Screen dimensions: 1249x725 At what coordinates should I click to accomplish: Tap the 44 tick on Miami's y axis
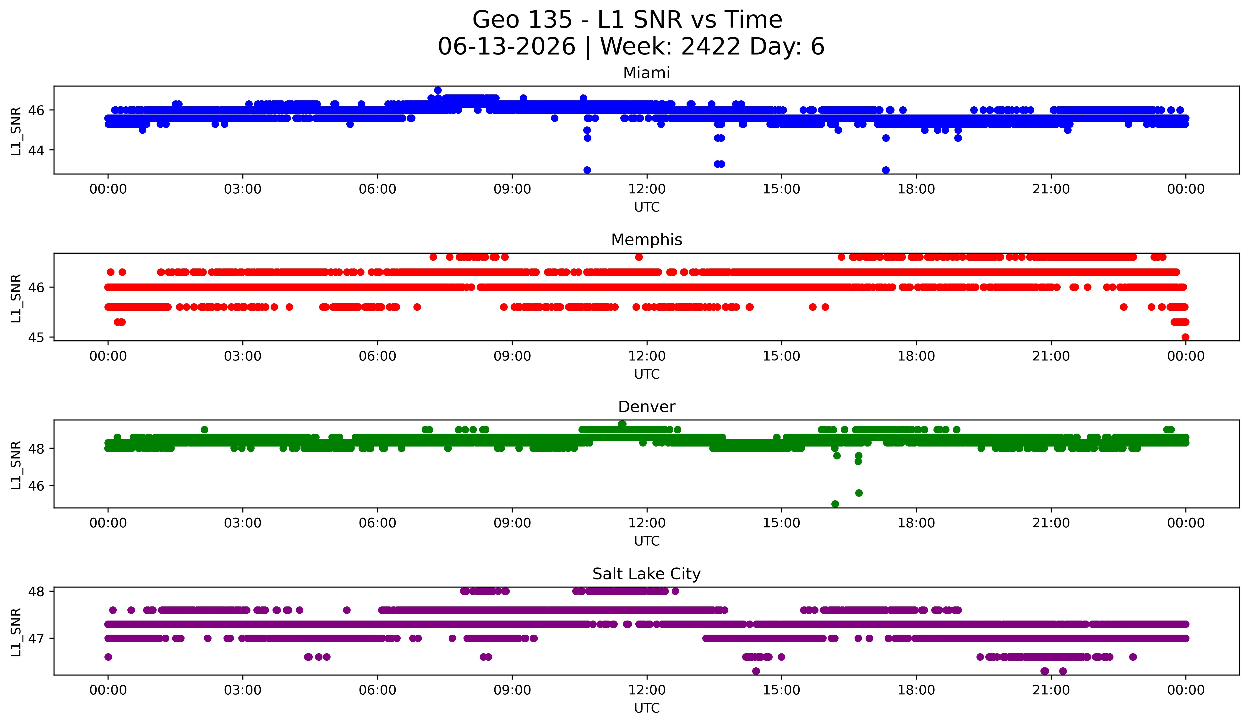(36, 150)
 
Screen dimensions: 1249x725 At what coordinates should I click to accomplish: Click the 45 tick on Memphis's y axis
(36, 337)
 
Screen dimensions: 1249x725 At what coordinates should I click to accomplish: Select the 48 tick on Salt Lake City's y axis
(36, 591)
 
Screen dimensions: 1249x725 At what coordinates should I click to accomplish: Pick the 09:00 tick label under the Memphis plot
(512, 356)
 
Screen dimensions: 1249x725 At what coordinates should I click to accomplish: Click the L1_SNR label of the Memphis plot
(16, 298)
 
